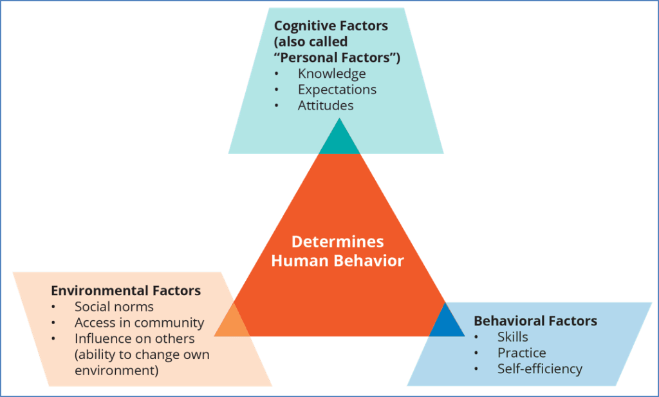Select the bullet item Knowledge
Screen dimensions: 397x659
click(331, 73)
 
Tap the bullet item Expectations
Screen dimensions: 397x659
click(337, 90)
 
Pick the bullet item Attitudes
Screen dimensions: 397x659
click(326, 105)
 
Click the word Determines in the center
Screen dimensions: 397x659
click(337, 242)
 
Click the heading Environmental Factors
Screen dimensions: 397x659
click(125, 291)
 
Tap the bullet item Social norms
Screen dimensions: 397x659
click(114, 307)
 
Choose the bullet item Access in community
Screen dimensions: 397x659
click(139, 323)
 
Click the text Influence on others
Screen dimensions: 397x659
click(134, 339)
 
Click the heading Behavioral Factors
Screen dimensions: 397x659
click(535, 321)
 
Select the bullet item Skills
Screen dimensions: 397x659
click(512, 337)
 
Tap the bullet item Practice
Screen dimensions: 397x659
click(521, 353)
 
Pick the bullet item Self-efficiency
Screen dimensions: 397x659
click(539, 369)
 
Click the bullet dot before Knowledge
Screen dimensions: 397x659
click(277, 74)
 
